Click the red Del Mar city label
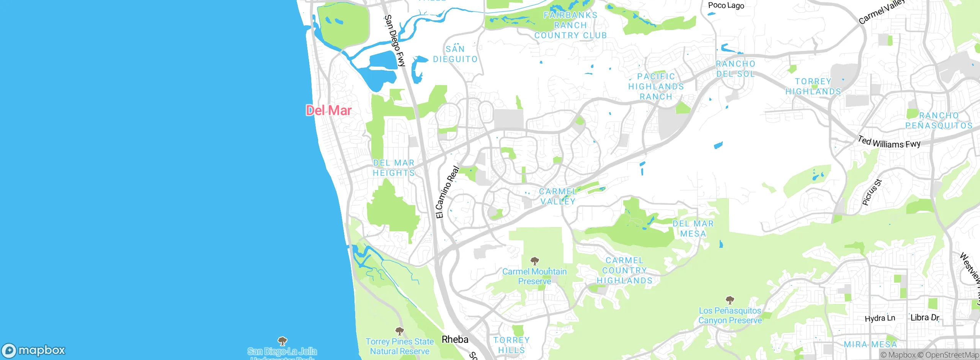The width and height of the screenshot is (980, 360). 328,110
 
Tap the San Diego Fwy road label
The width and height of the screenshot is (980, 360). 394,41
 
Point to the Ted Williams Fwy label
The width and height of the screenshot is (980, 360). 889,142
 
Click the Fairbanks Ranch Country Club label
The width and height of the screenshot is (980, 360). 570,25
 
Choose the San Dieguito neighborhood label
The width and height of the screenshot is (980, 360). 455,54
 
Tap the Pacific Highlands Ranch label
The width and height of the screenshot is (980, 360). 656,87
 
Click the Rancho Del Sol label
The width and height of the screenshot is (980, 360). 735,69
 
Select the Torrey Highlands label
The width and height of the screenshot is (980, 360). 813,87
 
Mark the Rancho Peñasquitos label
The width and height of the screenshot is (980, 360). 939,120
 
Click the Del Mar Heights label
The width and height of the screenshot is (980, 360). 394,168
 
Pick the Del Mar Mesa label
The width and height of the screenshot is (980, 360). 693,229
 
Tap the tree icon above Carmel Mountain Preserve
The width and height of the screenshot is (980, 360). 534,261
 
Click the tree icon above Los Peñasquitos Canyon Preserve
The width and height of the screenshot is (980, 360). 730,300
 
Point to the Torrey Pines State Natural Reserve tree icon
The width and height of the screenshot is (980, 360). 399,331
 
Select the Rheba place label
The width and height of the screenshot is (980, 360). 455,339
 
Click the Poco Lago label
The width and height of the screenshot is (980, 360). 726,5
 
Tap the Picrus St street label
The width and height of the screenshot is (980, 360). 872,192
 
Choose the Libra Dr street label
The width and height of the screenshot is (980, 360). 924,317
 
